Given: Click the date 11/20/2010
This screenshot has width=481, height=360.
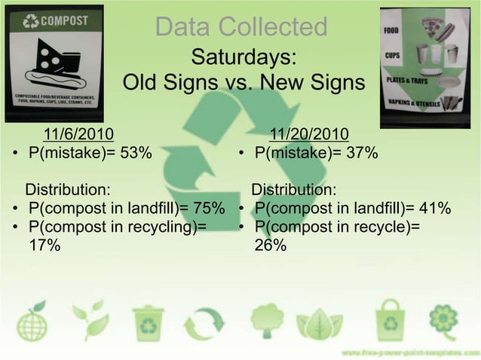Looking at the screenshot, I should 309,135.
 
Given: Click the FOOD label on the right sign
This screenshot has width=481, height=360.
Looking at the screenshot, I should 393,31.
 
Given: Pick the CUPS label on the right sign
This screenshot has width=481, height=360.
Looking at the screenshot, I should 392,56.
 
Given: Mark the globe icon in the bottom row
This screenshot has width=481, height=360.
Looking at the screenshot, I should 32,322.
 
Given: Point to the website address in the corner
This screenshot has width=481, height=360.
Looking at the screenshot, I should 408,352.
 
